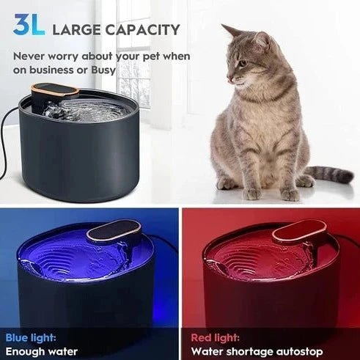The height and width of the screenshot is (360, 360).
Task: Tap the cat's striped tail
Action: coord(329,175)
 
